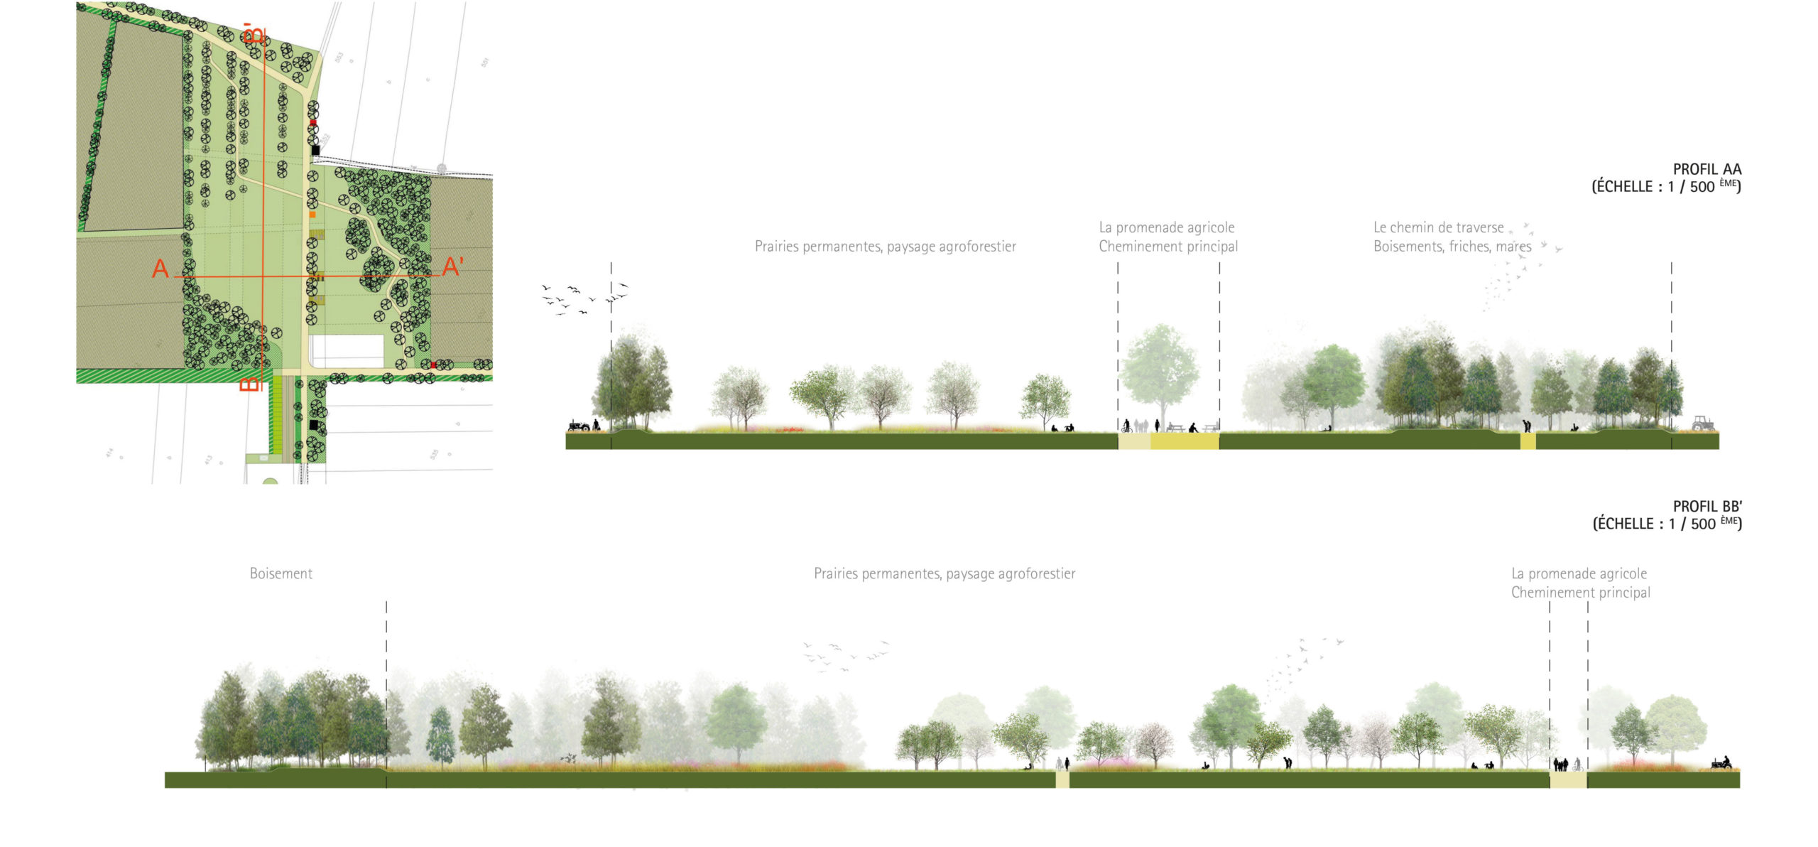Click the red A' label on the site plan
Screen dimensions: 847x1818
(453, 267)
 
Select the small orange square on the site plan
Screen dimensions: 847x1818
(312, 214)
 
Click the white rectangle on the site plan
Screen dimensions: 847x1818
(348, 351)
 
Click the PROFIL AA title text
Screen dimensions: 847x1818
(1707, 169)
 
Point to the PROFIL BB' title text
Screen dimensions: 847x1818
(1707, 507)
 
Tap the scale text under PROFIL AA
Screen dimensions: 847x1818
(1666, 187)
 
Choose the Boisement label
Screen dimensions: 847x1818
(281, 573)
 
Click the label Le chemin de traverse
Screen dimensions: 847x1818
(1438, 227)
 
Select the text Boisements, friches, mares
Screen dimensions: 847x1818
(1452, 247)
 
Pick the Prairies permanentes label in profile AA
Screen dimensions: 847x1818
(885, 247)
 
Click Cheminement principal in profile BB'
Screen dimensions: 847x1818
(1580, 593)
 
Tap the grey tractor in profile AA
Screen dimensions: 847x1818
(1702, 423)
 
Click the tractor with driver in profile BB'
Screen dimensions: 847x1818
(1722, 762)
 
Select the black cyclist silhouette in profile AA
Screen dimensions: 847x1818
(1126, 426)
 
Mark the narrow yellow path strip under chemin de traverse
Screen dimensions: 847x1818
(1528, 441)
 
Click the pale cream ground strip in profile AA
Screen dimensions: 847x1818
(1134, 441)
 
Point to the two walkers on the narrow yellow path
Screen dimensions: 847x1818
(1062, 764)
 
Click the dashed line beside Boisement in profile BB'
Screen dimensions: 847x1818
(386, 675)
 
